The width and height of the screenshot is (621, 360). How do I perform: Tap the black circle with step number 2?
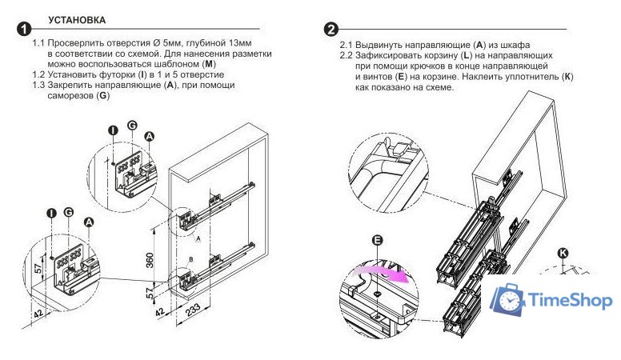point(331,30)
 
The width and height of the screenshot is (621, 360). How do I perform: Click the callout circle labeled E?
point(378,241)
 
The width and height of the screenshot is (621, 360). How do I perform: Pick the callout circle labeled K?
point(563,253)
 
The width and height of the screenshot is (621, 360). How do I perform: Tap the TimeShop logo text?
point(569,299)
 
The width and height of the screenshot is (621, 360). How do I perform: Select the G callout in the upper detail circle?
point(131,127)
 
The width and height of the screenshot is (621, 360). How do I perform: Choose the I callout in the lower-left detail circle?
point(50,213)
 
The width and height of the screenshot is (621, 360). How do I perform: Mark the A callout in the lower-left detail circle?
point(89,222)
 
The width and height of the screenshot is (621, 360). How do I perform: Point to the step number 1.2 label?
point(40,74)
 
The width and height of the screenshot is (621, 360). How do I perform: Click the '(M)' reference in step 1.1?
point(210,64)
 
